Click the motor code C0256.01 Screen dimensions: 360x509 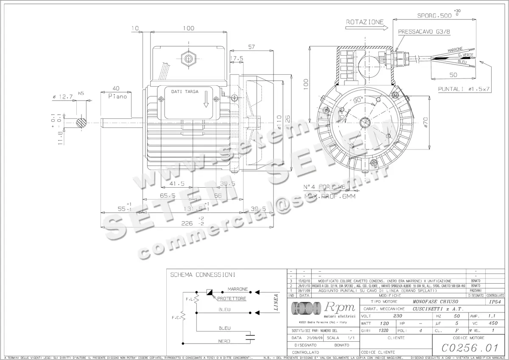tap(470, 348)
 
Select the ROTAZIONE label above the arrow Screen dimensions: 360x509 tap(365, 22)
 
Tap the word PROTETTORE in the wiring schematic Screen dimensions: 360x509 tap(232, 299)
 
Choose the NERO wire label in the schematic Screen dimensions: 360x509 tap(224, 341)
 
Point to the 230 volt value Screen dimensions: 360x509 tap(397, 316)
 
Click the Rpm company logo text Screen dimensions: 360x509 tap(341, 307)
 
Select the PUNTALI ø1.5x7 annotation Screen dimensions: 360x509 tap(464, 89)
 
